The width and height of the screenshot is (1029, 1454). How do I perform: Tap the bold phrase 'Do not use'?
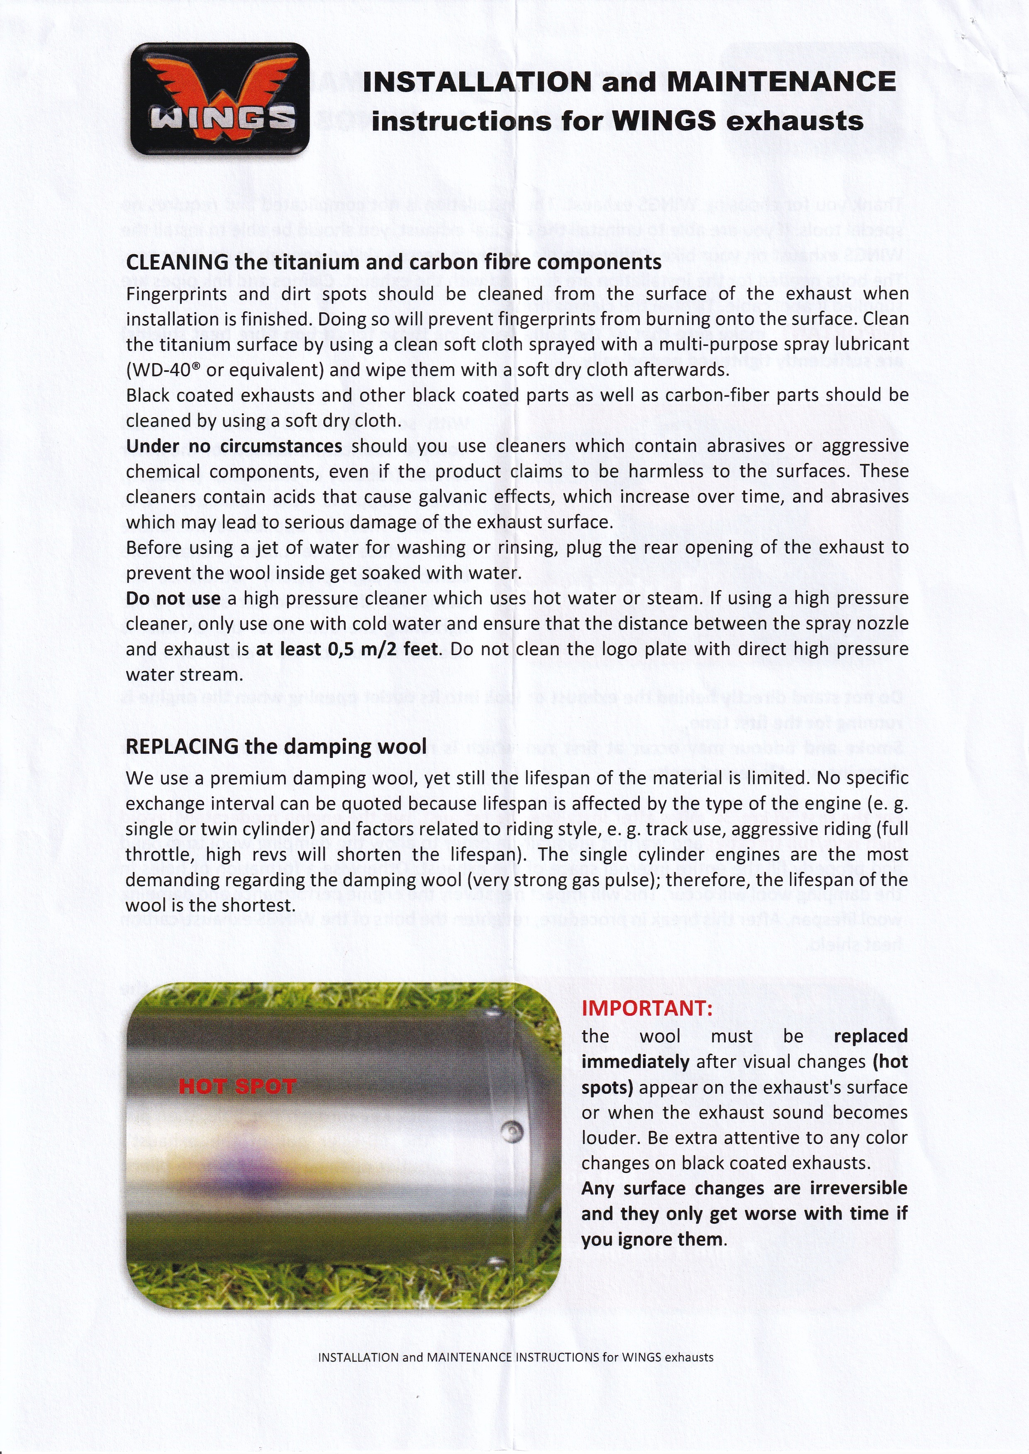[173, 598]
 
